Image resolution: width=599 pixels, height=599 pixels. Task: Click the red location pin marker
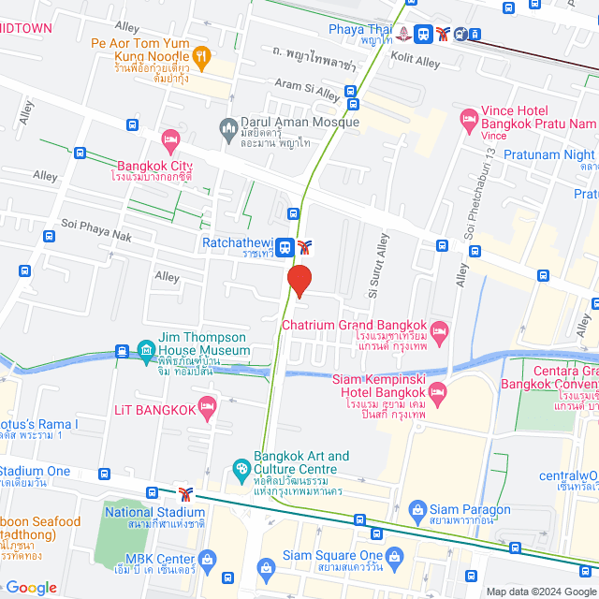[x=299, y=281]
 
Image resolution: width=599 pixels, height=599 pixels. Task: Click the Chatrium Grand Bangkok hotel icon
[x=440, y=331]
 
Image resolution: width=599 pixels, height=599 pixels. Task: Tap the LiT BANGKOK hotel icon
[x=207, y=409]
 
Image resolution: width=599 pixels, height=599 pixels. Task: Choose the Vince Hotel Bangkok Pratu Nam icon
[x=468, y=119]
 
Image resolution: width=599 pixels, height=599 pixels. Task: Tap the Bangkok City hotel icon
[x=169, y=140]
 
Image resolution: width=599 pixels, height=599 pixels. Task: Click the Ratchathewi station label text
[x=238, y=242]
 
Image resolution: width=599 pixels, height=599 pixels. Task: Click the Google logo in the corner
[x=31, y=587]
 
